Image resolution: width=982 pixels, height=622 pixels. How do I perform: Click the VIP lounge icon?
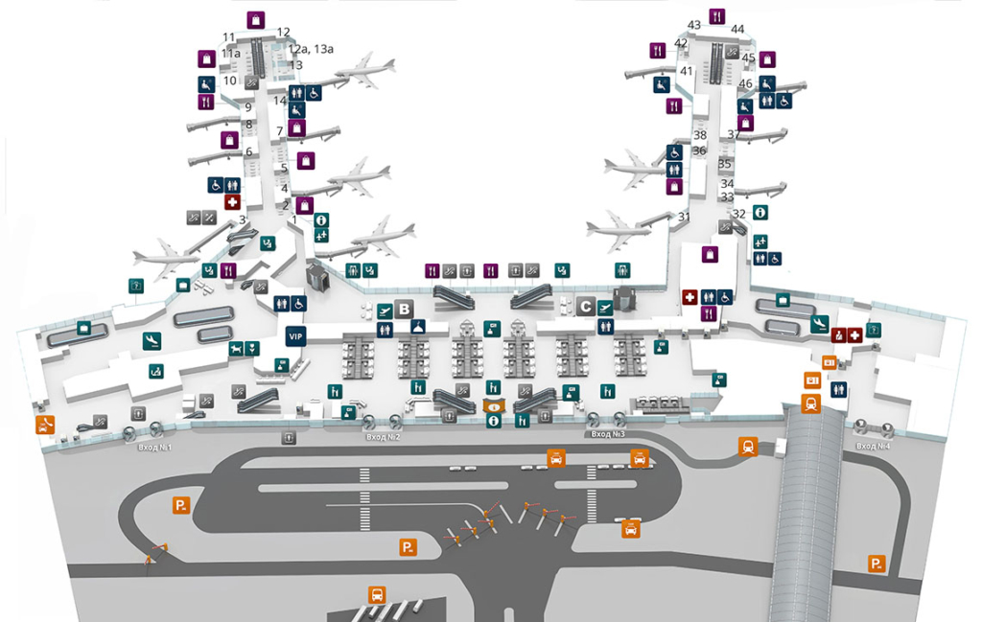tap(295, 335)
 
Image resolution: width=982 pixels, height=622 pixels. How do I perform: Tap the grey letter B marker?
tap(405, 309)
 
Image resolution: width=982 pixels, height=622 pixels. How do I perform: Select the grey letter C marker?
tap(586, 308)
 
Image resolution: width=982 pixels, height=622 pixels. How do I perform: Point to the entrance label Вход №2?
tap(383, 437)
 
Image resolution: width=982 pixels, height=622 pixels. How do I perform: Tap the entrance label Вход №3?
tap(607, 434)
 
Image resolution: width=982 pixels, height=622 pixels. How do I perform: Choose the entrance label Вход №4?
tap(873, 446)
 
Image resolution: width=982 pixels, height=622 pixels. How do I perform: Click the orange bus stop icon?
tap(377, 595)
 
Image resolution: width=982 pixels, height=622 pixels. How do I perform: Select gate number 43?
tap(694, 25)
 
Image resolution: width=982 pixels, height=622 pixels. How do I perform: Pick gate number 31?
tap(684, 217)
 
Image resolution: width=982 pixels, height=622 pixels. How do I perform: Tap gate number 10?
tap(230, 81)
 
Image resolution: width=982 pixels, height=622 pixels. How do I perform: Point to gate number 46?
tap(745, 83)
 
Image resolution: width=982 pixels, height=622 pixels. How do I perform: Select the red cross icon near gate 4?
tap(231, 202)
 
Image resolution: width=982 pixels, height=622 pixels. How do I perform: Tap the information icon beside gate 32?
tap(760, 212)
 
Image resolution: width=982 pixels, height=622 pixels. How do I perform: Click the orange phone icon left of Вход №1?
tap(44, 425)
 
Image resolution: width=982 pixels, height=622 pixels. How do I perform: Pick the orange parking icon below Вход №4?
tap(876, 564)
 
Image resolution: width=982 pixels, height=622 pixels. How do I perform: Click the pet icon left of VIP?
tap(236, 348)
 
